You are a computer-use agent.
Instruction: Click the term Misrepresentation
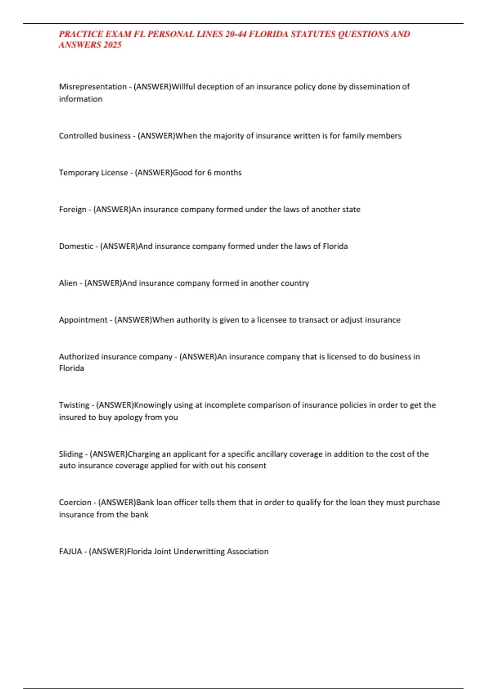click(93, 87)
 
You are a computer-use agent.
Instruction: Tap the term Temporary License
click(93, 173)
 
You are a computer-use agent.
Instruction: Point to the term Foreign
click(72, 210)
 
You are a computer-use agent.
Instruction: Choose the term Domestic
click(76, 246)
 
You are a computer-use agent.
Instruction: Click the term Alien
click(68, 283)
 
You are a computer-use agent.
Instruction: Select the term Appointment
click(83, 320)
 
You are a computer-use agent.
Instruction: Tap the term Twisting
click(74, 405)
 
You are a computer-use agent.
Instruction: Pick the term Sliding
click(71, 454)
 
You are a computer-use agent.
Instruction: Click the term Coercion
click(75, 503)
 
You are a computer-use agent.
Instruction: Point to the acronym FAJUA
click(70, 552)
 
